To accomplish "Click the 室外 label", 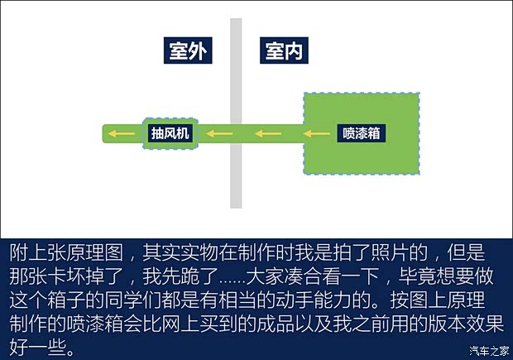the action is point(187,52).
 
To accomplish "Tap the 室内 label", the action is point(283,52).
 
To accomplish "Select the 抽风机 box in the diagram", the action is point(170,133).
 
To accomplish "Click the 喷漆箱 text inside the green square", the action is point(361,133).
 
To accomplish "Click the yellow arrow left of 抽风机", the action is point(123,133).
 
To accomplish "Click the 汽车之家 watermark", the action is point(487,349).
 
